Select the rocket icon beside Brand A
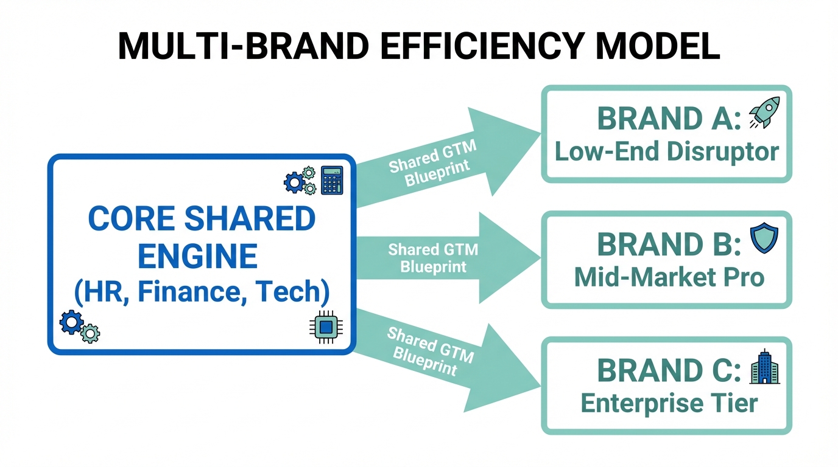tap(764, 114)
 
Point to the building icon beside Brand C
tap(764, 367)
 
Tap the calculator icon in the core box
tap(331, 181)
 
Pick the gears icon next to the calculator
tap(300, 181)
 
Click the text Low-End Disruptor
tap(667, 151)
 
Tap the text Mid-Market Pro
tap(669, 277)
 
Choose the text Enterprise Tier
tap(669, 403)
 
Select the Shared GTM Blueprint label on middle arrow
tap(433, 258)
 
